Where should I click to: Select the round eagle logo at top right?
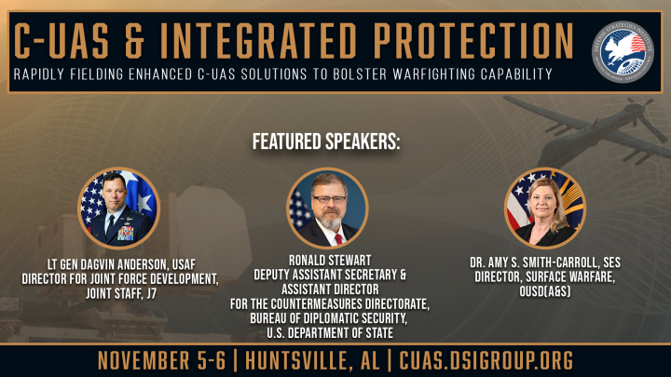623,49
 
